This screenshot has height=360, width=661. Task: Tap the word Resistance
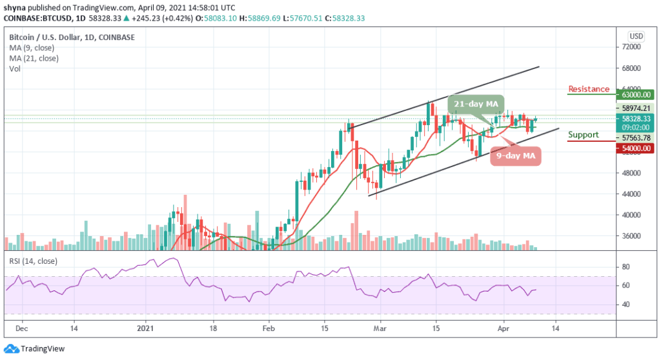(x=589, y=89)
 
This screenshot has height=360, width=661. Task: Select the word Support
(x=584, y=135)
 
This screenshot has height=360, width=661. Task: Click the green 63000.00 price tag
(x=636, y=93)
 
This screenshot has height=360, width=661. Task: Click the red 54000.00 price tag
(x=636, y=148)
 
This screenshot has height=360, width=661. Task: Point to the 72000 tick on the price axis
(x=631, y=47)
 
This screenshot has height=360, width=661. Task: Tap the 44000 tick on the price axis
(x=631, y=194)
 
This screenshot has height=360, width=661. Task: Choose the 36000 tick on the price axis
(x=631, y=236)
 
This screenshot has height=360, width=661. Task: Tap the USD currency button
(x=635, y=35)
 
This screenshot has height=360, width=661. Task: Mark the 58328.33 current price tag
(x=636, y=119)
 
